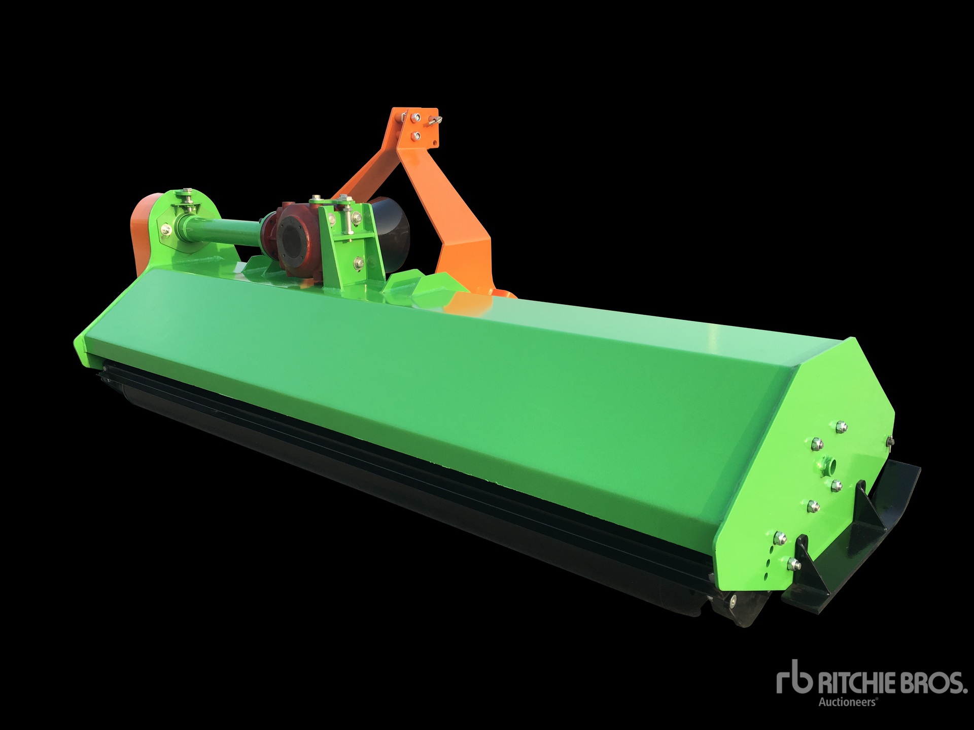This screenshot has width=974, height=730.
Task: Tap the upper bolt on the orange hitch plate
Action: [x=416, y=118]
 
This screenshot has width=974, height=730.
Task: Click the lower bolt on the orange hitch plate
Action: [x=415, y=135]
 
